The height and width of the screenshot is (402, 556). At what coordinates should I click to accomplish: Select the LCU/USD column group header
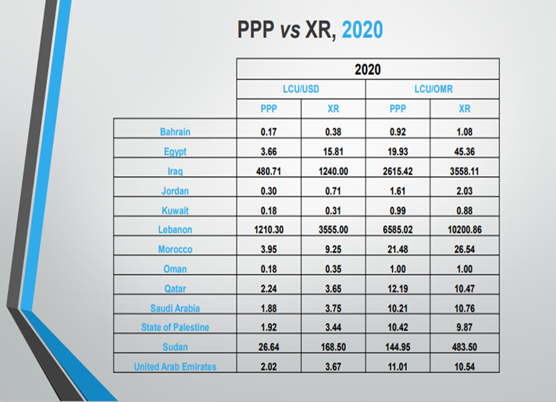pyautogui.click(x=301, y=89)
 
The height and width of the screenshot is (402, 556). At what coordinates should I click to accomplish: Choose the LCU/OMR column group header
pyautogui.click(x=433, y=89)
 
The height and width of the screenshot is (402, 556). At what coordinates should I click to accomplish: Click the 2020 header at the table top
pyautogui.click(x=368, y=69)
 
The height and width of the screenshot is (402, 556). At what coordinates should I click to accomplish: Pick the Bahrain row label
pyautogui.click(x=175, y=132)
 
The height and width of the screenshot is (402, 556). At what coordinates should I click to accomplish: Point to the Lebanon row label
pyautogui.click(x=175, y=229)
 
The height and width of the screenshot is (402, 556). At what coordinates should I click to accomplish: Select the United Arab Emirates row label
pyautogui.click(x=175, y=366)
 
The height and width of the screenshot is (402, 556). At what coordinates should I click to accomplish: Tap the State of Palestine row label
pyautogui.click(x=175, y=327)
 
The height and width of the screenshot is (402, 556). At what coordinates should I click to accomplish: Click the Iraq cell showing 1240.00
pyautogui.click(x=333, y=170)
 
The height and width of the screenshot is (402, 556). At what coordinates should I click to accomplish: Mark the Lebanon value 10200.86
pyautogui.click(x=464, y=229)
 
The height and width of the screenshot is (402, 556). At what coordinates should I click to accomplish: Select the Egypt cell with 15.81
pyautogui.click(x=333, y=151)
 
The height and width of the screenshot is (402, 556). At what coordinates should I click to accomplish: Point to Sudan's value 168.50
pyautogui.click(x=333, y=347)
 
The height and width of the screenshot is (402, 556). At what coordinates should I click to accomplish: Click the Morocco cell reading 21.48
pyautogui.click(x=397, y=249)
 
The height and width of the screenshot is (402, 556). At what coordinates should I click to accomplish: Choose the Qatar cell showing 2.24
pyautogui.click(x=268, y=289)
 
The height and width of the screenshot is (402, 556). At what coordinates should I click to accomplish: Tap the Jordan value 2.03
pyautogui.click(x=464, y=190)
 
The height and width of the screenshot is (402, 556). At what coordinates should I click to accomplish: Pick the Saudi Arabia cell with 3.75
pyautogui.click(x=333, y=308)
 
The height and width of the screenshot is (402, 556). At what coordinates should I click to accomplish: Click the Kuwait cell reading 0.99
pyautogui.click(x=397, y=210)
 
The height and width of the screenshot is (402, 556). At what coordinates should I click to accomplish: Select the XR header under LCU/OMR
pyautogui.click(x=464, y=108)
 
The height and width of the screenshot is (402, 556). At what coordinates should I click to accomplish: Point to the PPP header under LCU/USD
pyautogui.click(x=268, y=108)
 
